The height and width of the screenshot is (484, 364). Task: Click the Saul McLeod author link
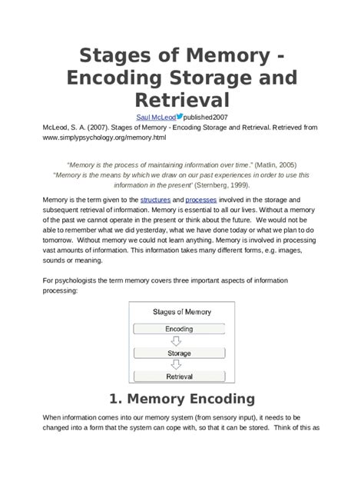pos(155,116)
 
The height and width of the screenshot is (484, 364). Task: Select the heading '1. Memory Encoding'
pos(181,399)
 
